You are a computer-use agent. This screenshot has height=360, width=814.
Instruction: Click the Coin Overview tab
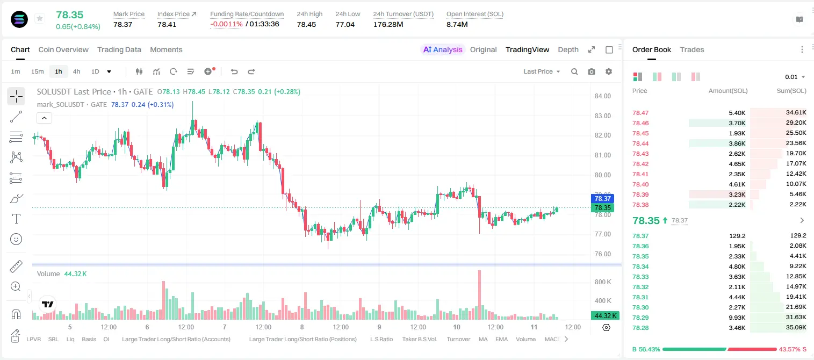63,49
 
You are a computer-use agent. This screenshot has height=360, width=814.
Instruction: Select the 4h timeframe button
76,71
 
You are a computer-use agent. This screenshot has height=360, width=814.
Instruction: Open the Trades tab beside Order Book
692,49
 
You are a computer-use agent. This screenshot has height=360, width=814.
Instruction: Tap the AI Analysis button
443,49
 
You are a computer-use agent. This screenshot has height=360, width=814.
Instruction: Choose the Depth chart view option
568,49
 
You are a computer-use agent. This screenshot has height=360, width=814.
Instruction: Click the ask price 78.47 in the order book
640,113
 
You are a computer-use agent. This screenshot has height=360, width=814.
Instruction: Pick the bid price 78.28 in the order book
640,328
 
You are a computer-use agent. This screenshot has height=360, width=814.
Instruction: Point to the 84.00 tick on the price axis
602,96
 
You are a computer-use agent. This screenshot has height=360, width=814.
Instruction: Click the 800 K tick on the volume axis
603,282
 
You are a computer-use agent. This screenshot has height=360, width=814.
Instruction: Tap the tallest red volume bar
479,295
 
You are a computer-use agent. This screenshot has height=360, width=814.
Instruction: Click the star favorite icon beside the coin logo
40,18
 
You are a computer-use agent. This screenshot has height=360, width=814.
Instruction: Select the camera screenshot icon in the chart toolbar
592,71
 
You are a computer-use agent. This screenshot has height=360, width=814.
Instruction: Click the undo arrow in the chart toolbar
234,71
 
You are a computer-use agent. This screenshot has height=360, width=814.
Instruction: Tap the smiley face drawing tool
16,239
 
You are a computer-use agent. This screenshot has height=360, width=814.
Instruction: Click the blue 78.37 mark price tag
602,198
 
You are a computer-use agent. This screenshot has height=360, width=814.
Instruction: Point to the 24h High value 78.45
306,24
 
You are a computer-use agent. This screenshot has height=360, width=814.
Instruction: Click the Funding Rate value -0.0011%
226,24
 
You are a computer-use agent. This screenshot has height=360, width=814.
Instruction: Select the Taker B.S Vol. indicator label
419,339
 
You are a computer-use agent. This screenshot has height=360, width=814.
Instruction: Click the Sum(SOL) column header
791,91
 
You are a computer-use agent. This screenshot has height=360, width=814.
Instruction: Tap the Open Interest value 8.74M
457,24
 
